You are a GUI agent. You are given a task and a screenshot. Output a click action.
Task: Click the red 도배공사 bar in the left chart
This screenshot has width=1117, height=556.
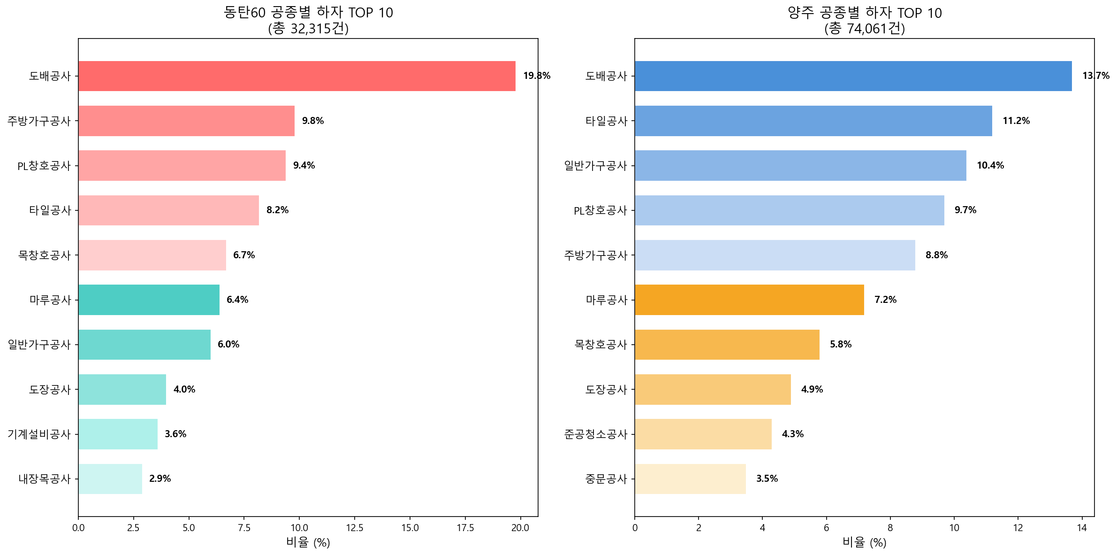[296, 76]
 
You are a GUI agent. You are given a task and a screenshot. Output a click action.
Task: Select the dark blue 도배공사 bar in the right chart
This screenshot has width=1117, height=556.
[853, 76]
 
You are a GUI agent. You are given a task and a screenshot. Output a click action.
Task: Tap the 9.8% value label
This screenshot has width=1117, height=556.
[312, 121]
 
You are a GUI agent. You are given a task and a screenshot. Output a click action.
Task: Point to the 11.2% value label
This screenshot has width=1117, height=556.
[1016, 121]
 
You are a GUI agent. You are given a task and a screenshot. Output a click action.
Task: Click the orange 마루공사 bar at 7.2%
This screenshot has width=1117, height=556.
[749, 300]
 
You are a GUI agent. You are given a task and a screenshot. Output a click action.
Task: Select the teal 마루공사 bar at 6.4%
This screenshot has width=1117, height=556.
[149, 300]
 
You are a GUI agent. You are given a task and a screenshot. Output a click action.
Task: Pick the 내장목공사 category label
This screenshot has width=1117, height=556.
[45, 479]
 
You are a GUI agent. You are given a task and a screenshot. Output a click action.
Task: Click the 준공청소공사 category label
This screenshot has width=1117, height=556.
[595, 434]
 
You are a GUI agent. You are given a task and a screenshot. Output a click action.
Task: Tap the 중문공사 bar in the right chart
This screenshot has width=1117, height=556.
[690, 479]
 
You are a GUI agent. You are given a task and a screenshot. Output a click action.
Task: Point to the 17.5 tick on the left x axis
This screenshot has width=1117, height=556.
[465, 528]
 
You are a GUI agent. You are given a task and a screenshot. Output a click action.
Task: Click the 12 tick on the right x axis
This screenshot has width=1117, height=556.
[1018, 528]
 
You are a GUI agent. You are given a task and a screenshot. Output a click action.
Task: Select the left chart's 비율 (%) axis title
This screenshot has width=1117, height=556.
[308, 543]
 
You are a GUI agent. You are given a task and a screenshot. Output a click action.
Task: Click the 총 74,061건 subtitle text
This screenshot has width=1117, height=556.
[864, 29]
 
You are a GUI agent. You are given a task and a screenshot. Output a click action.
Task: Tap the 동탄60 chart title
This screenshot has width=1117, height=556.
[308, 13]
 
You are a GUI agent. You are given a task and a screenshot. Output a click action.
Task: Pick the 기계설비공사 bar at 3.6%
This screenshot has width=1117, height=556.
[118, 434]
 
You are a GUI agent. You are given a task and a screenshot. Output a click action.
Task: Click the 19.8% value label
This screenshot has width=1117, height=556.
[536, 76]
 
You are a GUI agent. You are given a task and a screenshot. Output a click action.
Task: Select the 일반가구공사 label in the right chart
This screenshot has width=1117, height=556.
[595, 166]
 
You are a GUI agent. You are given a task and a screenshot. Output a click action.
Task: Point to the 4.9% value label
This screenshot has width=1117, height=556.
[812, 389]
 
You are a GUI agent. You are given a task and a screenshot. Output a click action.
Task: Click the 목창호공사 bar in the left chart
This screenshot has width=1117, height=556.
[152, 255]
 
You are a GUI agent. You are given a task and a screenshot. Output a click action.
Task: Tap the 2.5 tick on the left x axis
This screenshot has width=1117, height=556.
[133, 528]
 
